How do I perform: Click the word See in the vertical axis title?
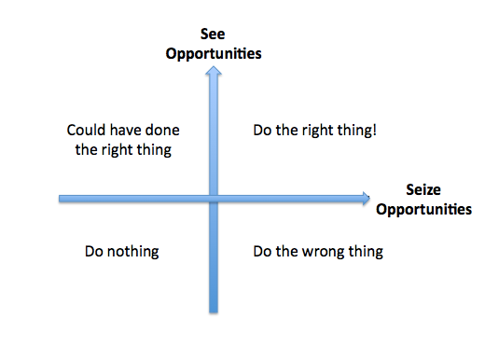coord(213,36)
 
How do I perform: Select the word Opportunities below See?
coord(213,54)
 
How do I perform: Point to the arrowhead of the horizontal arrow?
coord(364,198)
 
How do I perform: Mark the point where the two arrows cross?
coord(214,198)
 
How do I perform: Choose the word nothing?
coord(132,251)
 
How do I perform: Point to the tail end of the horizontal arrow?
coord(62,198)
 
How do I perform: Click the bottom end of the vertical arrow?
coord(214,311)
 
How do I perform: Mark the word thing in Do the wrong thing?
coord(365,251)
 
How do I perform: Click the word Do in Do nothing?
coord(93,251)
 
